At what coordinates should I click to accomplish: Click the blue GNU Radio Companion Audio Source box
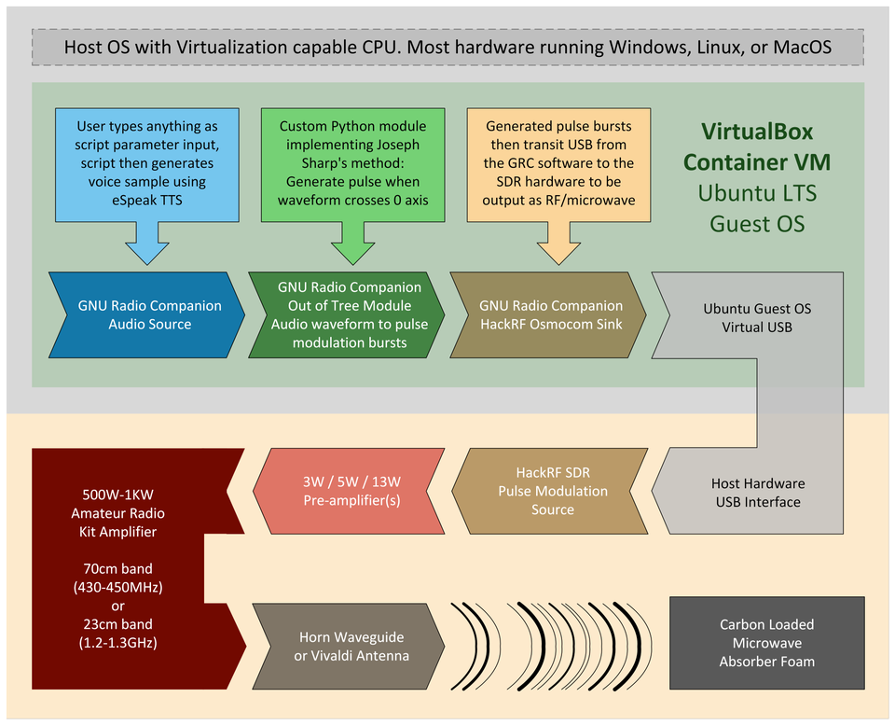[146, 314]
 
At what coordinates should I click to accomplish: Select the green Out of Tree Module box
[347, 314]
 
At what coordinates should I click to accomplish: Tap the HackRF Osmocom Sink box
[548, 314]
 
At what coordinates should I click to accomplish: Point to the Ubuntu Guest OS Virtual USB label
[757, 317]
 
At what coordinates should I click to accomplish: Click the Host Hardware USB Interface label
[758, 493]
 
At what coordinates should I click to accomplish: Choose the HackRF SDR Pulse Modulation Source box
[550, 491]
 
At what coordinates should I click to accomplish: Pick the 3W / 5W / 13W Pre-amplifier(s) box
[349, 491]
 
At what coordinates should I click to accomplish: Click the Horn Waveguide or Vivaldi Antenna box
[349, 647]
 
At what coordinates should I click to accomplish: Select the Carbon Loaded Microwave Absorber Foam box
[767, 643]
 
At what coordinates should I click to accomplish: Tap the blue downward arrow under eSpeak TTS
[147, 243]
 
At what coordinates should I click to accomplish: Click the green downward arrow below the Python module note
[352, 243]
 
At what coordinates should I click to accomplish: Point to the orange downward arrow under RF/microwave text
[558, 243]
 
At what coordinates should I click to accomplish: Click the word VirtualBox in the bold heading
[757, 132]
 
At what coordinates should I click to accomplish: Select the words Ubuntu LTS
[757, 193]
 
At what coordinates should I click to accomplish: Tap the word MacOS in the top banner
[802, 47]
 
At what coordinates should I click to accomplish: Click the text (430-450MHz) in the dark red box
[117, 587]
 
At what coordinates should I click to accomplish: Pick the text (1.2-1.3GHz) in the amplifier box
[117, 642]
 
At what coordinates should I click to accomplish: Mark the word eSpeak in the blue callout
[131, 200]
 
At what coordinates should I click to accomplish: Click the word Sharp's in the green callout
[323, 163]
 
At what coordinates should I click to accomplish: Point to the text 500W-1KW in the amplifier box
[117, 495]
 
